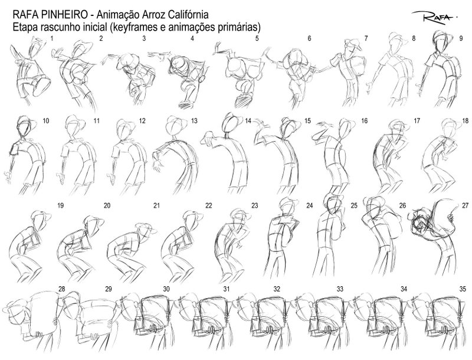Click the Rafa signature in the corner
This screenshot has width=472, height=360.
[x=434, y=17]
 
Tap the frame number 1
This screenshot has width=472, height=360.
[x=53, y=38]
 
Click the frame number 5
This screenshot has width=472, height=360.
[x=257, y=38]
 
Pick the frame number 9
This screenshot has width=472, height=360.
[x=461, y=38]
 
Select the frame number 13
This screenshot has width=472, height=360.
[x=194, y=121]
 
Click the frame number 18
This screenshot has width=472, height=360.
[x=466, y=121]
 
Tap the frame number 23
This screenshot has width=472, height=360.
[x=255, y=205]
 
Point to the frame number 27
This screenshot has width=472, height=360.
[x=466, y=205]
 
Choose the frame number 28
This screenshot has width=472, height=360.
[x=61, y=289]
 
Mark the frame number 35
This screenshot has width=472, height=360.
[x=463, y=289]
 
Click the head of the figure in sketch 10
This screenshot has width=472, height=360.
[x=25, y=125]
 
